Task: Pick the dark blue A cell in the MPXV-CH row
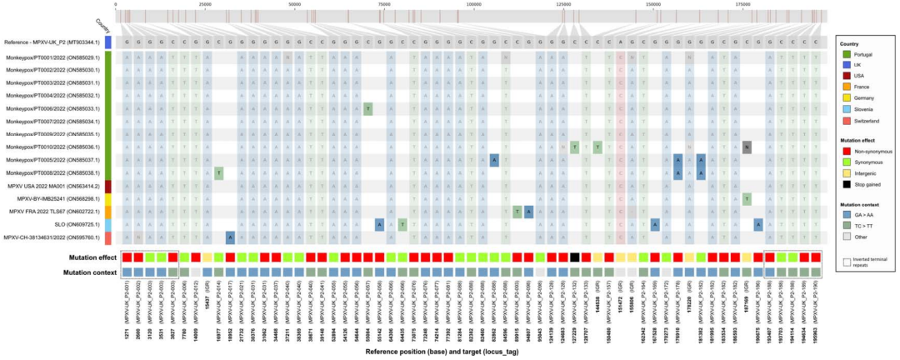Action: click(x=229, y=237)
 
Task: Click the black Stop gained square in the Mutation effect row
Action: click(x=575, y=257)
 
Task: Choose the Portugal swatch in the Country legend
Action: click(x=843, y=53)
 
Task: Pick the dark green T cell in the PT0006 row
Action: click(x=367, y=109)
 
